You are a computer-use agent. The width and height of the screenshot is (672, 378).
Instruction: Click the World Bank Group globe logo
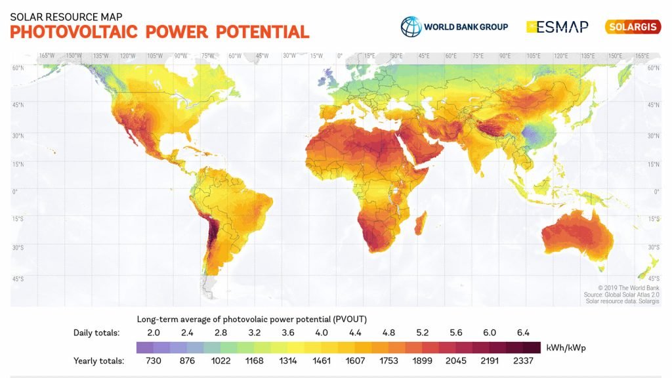411,27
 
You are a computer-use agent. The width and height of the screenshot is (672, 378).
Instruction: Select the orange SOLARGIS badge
633,27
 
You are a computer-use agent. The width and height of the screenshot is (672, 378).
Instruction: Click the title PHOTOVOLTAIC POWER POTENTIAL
159,31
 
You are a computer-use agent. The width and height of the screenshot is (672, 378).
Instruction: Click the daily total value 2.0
154,333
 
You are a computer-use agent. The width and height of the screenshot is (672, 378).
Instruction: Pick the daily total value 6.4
523,333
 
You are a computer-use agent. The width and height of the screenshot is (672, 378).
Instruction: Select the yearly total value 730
154,360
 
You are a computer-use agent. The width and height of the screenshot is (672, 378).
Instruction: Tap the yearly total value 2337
523,360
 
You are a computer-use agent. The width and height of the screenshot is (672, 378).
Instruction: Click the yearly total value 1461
322,360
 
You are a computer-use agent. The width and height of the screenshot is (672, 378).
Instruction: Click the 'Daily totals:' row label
96,333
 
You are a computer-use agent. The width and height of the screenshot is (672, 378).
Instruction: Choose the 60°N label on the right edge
653,68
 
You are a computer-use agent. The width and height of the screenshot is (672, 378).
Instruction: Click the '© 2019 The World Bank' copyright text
629,287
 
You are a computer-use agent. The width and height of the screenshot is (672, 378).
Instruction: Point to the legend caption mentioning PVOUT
251,319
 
